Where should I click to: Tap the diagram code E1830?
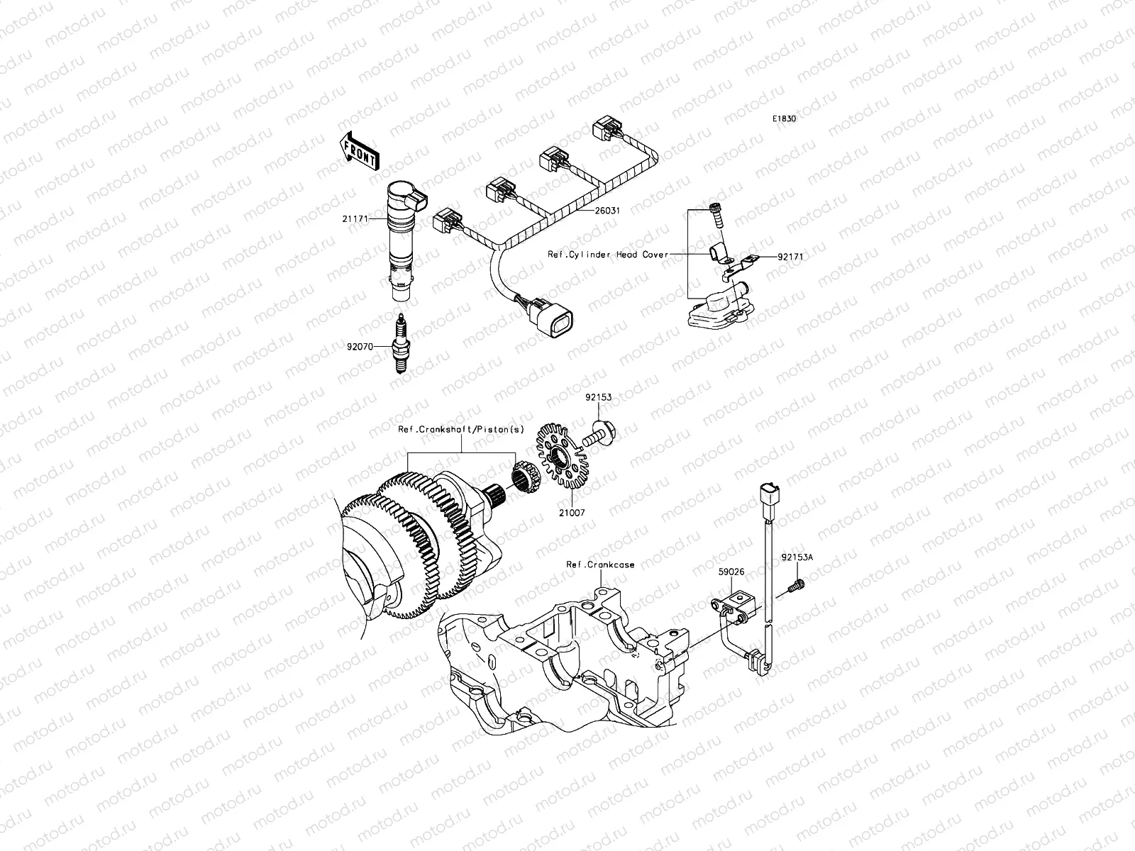coord(785,119)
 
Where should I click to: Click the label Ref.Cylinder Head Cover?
coord(608,254)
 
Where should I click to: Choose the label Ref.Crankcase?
coord(599,564)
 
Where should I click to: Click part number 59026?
coord(730,572)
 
